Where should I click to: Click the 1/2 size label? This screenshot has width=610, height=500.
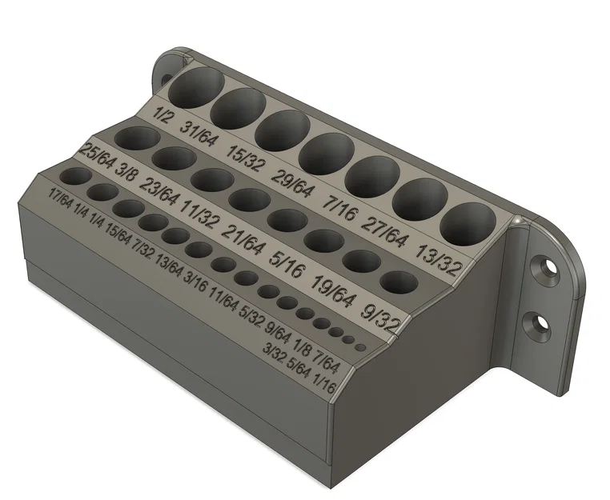(163, 116)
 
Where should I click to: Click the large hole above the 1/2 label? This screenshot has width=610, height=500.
(195, 87)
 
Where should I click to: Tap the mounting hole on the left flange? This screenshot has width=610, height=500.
(167, 78)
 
